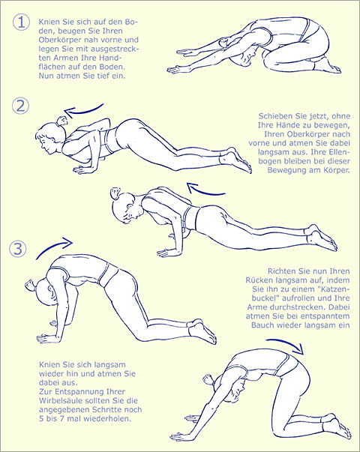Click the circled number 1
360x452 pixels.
[x=21, y=22]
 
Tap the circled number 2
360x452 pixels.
[x=20, y=106]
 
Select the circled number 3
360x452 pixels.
[x=18, y=248]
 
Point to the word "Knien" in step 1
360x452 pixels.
[x=49, y=22]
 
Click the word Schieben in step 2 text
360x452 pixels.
[x=275, y=116]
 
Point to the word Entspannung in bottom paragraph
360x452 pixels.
[x=76, y=392]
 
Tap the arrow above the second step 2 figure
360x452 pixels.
[x=205, y=191]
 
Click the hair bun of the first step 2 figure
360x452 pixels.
[x=62, y=121]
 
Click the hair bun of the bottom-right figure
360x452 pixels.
[x=208, y=380]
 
